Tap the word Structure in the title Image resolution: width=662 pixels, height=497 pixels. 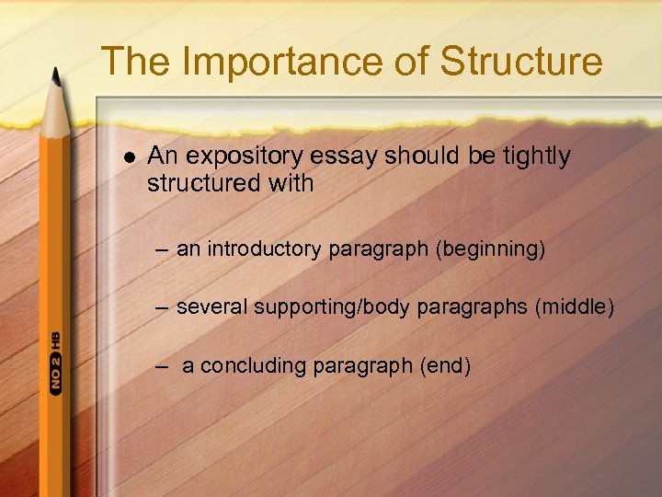[x=521, y=62]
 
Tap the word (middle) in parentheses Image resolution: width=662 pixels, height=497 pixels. [x=573, y=306]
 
